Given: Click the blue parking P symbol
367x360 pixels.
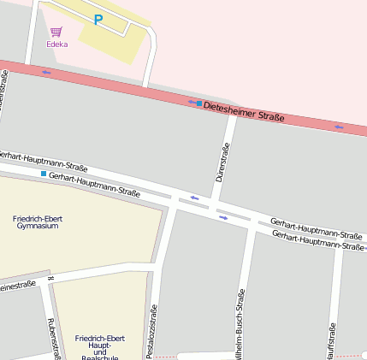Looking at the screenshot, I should pyautogui.click(x=98, y=20).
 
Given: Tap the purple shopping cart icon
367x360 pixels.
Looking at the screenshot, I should pyautogui.click(x=56, y=32).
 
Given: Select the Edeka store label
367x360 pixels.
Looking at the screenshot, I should pyautogui.click(x=57, y=44).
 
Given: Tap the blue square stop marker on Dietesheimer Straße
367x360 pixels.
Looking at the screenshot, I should pyautogui.click(x=199, y=103).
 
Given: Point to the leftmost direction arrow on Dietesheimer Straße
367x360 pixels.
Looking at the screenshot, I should pyautogui.click(x=46, y=72).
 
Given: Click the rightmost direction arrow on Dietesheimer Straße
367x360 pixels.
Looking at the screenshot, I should pyautogui.click(x=339, y=127).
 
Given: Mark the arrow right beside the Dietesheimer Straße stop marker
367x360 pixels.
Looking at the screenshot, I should pyautogui.click(x=190, y=102).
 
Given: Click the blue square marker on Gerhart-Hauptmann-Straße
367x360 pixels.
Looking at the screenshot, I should pyautogui.click(x=43, y=174).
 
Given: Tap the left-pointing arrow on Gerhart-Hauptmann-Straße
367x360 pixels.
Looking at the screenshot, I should pyautogui.click(x=195, y=199).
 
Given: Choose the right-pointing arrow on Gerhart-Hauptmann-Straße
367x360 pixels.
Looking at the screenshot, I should pyautogui.click(x=223, y=217).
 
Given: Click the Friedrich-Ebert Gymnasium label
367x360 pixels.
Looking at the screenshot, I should pyautogui.click(x=38, y=222).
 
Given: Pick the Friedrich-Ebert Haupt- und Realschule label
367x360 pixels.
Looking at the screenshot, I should pyautogui.click(x=98, y=346).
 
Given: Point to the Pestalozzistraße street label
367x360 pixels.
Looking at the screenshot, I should pyautogui.click(x=153, y=332).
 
